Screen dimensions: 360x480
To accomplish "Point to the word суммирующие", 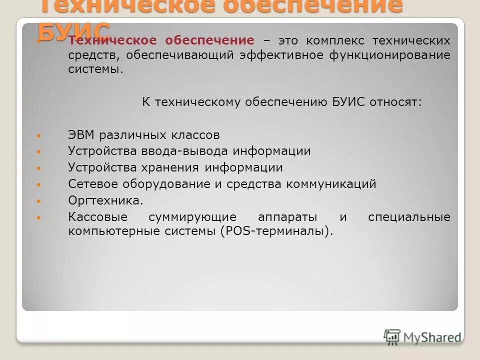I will tap(192, 217).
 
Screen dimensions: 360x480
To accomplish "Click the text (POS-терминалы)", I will tap(276, 231).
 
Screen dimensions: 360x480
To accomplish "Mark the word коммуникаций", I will tap(331, 184).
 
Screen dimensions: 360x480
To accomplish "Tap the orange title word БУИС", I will tap(74, 32).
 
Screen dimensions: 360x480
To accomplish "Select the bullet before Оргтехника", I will tap(40, 201).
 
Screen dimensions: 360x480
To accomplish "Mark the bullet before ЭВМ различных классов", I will tap(40, 135).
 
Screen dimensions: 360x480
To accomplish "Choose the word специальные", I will tap(409, 217).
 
